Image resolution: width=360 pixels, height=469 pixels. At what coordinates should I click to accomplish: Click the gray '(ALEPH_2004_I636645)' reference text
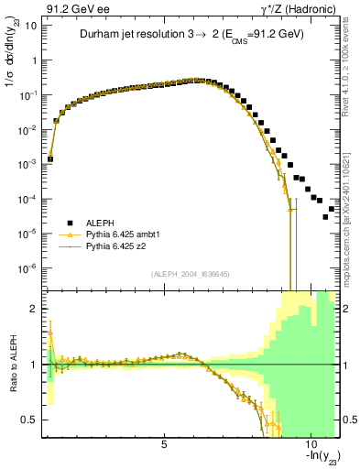[189, 274]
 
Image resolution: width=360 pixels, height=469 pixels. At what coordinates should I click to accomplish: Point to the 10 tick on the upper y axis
[30, 26]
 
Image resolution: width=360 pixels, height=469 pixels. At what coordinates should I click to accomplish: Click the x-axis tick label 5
[164, 444]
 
